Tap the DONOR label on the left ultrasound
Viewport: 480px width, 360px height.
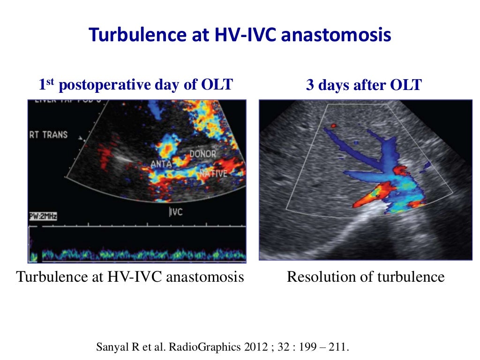pyautogui.click(x=202, y=154)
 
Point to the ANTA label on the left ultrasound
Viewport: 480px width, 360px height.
pyautogui.click(x=162, y=164)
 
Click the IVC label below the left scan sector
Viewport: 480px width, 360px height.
pyautogui.click(x=175, y=212)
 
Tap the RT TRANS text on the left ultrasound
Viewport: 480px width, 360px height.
pyautogui.click(x=48, y=135)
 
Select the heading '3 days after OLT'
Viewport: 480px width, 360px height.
pyautogui.click(x=364, y=85)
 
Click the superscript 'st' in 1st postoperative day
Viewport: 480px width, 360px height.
pyautogui.click(x=51, y=82)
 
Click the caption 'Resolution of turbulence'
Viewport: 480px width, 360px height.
pyautogui.click(x=365, y=277)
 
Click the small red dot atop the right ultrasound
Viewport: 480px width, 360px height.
pyautogui.click(x=333, y=126)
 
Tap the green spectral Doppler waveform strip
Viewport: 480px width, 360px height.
pyautogui.click(x=141, y=255)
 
